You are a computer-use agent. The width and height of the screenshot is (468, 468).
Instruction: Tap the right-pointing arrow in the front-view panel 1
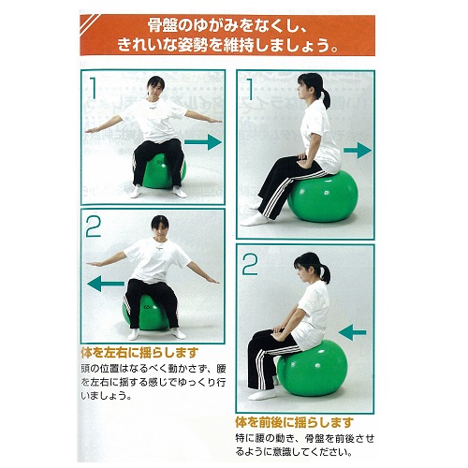203,142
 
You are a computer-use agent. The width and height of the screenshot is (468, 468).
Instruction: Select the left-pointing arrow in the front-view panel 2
106,284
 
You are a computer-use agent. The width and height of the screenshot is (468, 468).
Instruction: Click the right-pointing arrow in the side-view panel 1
358,151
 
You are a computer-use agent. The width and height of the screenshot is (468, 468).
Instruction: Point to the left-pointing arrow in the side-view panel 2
352,332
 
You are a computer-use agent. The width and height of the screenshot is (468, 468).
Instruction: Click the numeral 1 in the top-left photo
94,88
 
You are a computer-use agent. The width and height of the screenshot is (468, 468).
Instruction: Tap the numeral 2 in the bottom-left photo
94,227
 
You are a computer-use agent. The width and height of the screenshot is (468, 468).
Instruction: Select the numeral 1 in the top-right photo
250,89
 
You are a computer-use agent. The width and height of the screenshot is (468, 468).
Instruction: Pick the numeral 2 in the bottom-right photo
250,264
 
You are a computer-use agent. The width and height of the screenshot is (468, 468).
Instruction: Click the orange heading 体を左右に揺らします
139,353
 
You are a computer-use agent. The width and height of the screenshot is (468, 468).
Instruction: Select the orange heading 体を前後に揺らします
294,422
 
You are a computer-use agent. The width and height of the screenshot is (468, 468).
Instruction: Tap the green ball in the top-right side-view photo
323,197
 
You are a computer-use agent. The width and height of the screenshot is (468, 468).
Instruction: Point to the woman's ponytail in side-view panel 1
326,97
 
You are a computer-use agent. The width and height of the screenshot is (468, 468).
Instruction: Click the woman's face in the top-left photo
154,89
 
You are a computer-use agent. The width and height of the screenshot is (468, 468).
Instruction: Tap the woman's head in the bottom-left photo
160,227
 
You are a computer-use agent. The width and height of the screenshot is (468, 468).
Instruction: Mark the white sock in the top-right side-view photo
255,220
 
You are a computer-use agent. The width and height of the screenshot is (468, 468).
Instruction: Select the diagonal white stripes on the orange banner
90,23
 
